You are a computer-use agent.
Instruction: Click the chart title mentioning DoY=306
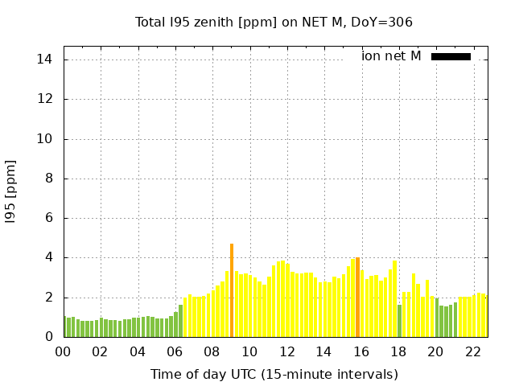click(x=274, y=22)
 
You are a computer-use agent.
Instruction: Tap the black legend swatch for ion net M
click(x=451, y=56)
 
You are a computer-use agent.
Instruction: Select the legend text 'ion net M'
click(x=391, y=56)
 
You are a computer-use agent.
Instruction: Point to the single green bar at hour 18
click(x=399, y=321)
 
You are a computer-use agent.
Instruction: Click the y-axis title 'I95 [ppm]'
click(x=11, y=191)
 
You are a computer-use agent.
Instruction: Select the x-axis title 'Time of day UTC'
click(x=274, y=374)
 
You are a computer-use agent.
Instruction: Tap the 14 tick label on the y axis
click(x=45, y=60)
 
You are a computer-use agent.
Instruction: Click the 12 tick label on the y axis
click(x=45, y=99)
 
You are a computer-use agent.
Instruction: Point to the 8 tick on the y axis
click(x=48, y=179)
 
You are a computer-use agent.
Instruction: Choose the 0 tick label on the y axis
click(x=48, y=337)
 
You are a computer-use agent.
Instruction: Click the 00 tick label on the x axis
click(x=63, y=351)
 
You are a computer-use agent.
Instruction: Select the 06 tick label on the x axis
click(x=175, y=351)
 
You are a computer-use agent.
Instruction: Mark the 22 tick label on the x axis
click(x=472, y=351)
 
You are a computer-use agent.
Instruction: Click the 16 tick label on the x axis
click(x=360, y=351)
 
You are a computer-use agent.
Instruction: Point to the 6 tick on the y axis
click(x=48, y=218)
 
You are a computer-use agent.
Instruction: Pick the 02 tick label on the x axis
click(x=100, y=351)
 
